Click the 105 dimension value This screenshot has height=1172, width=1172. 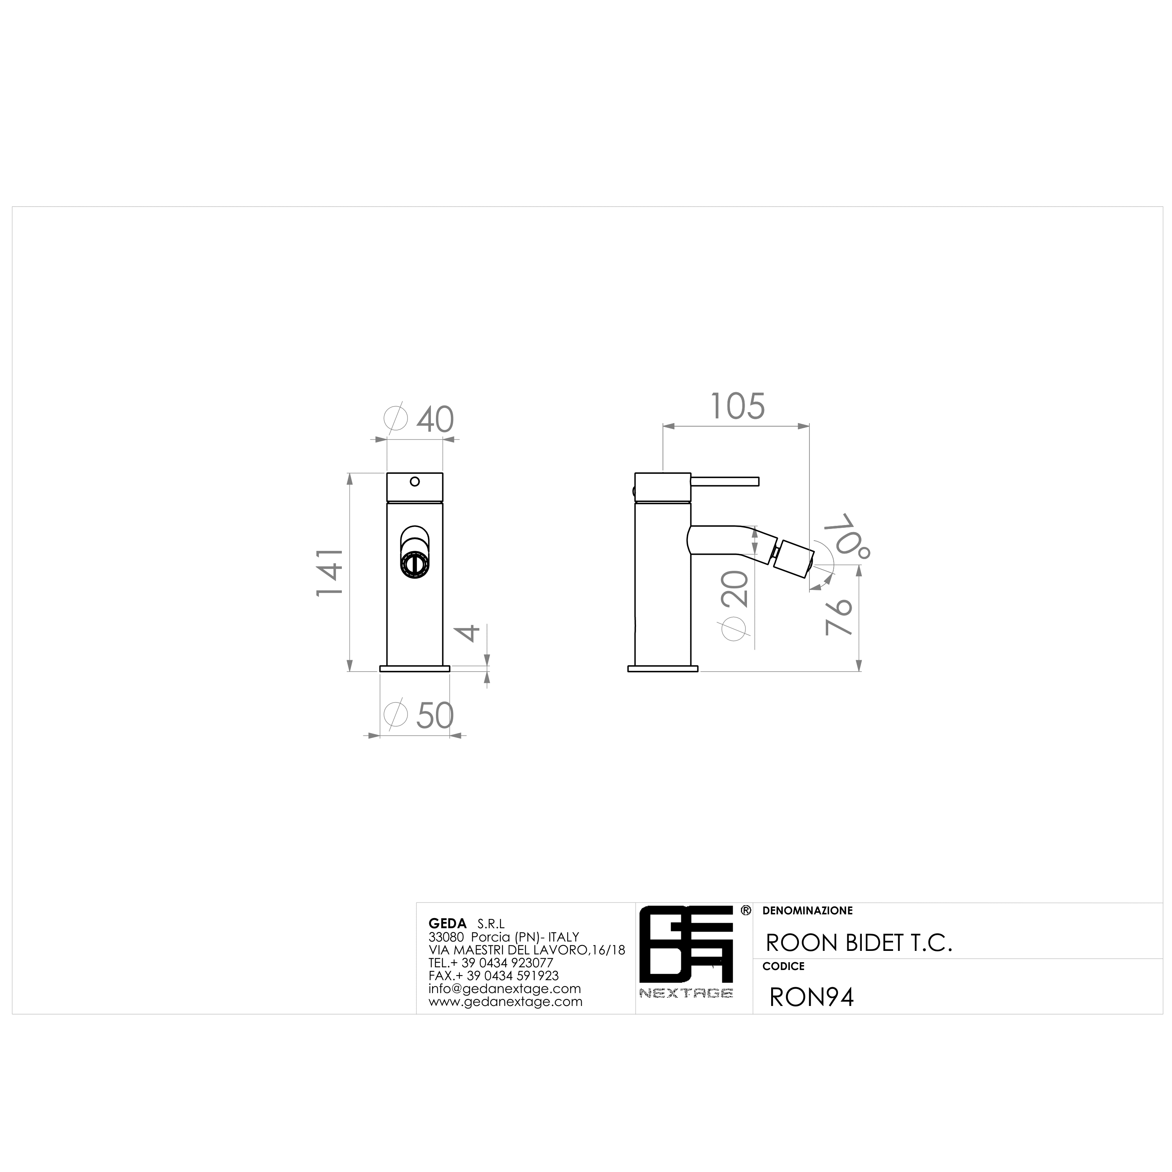click(737, 406)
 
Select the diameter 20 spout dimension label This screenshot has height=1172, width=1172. click(735, 606)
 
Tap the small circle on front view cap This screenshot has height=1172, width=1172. click(415, 482)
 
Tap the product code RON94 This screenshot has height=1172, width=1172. click(811, 997)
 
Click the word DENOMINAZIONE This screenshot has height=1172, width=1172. click(808, 911)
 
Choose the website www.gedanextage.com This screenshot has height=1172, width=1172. click(505, 1002)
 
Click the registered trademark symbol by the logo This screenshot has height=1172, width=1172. click(745, 911)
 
